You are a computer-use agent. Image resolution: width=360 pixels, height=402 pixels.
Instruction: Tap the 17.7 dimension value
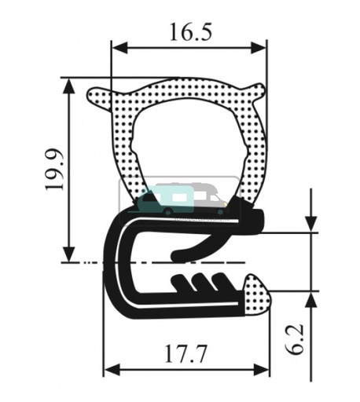click(x=186, y=354)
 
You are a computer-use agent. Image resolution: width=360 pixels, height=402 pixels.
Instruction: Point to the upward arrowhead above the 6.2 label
click(x=313, y=300)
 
